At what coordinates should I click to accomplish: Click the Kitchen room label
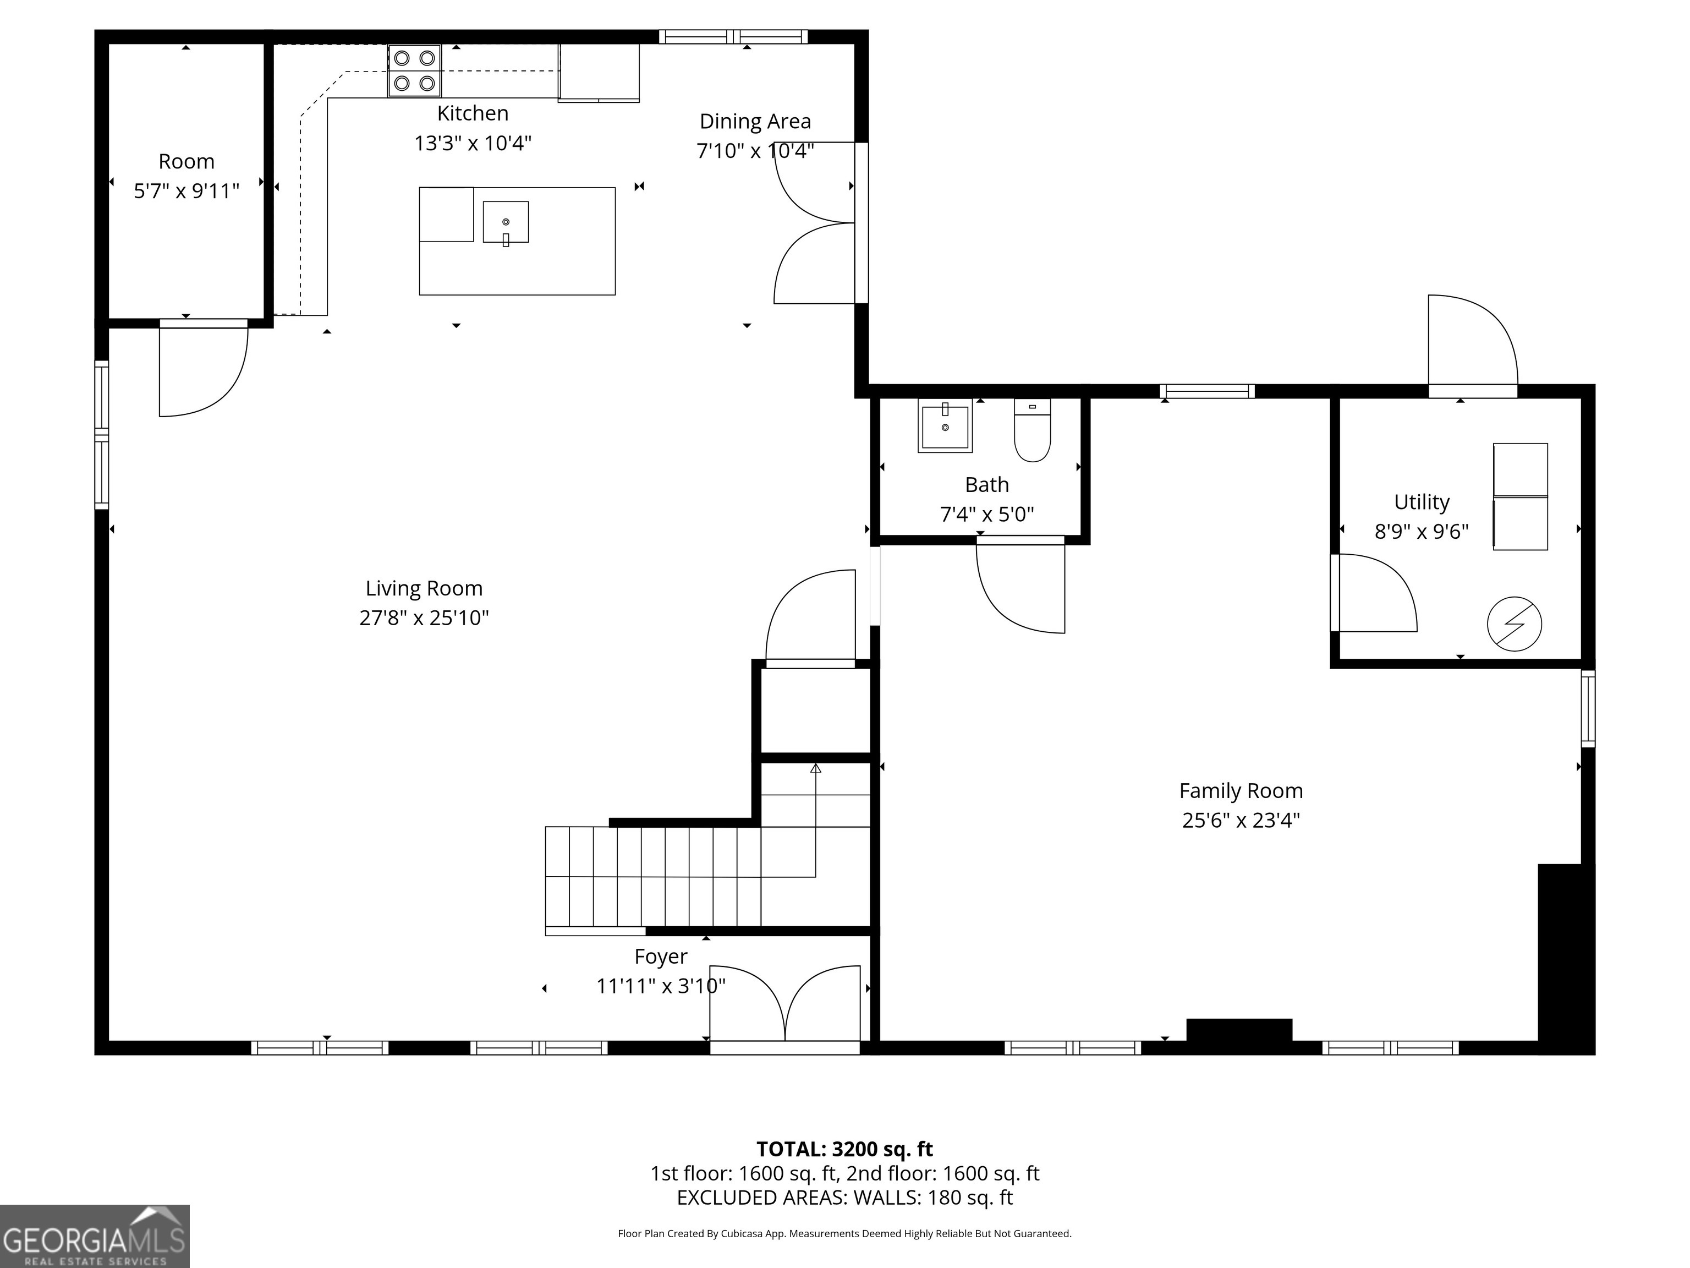(x=472, y=113)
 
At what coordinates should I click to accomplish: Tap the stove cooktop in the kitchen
(x=414, y=70)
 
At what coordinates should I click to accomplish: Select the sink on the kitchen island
(x=506, y=222)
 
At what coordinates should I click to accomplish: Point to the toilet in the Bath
(x=1032, y=430)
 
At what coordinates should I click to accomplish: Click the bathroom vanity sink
(x=945, y=426)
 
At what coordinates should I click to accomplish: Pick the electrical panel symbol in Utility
(x=1515, y=624)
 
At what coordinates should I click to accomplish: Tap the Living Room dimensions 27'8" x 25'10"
(x=424, y=617)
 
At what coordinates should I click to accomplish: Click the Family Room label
(x=1241, y=790)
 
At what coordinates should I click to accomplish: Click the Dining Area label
(x=755, y=122)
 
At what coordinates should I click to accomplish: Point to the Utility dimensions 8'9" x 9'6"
(x=1421, y=531)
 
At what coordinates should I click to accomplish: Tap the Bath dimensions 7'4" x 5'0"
(x=986, y=515)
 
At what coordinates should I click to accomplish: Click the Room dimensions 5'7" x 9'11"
(x=186, y=191)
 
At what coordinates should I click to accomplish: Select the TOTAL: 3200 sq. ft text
(x=844, y=1149)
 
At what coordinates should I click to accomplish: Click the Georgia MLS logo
(x=94, y=1236)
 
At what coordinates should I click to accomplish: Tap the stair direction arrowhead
(x=815, y=768)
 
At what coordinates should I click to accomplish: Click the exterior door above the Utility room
(x=1472, y=344)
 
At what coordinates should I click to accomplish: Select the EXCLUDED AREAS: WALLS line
(x=844, y=1197)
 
